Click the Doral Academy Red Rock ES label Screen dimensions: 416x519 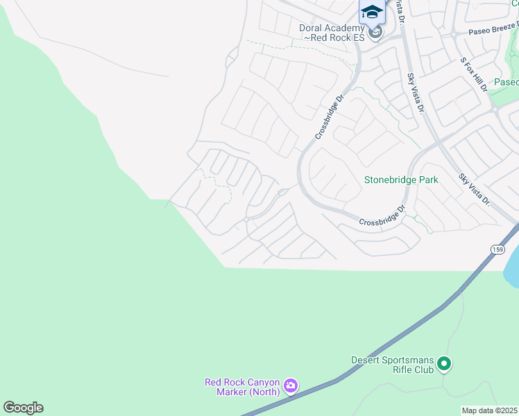pyautogui.click(x=331, y=33)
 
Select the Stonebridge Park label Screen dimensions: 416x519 pyautogui.click(x=401, y=180)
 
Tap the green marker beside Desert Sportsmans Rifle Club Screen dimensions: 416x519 pyautogui.click(x=444, y=363)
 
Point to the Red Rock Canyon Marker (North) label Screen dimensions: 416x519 pyautogui.click(x=241, y=387)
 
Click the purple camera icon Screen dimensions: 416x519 pyautogui.click(x=291, y=385)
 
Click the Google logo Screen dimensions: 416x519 pyautogui.click(x=23, y=408)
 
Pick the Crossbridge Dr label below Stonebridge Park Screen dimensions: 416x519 pyautogui.click(x=382, y=215)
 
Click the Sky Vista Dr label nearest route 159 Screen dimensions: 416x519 pyautogui.click(x=475, y=189)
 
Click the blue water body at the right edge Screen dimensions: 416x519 pyautogui.click(x=513, y=263)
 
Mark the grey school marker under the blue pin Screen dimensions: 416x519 pyautogui.click(x=375, y=33)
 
